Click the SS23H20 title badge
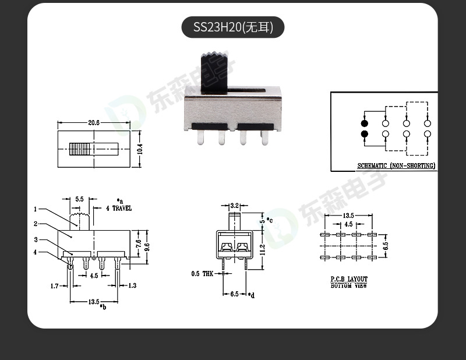232,27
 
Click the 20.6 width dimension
94,123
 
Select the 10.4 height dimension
139,149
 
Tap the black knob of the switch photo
216,72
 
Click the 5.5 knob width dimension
80,199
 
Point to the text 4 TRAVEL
119,208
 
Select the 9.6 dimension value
147,246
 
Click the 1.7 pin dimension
54,285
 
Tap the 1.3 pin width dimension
132,285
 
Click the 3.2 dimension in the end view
234,206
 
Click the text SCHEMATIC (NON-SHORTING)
396,166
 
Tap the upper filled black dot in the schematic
365,123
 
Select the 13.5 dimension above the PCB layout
348,216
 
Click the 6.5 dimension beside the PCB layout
385,245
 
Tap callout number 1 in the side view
36,209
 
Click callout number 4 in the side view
36,252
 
